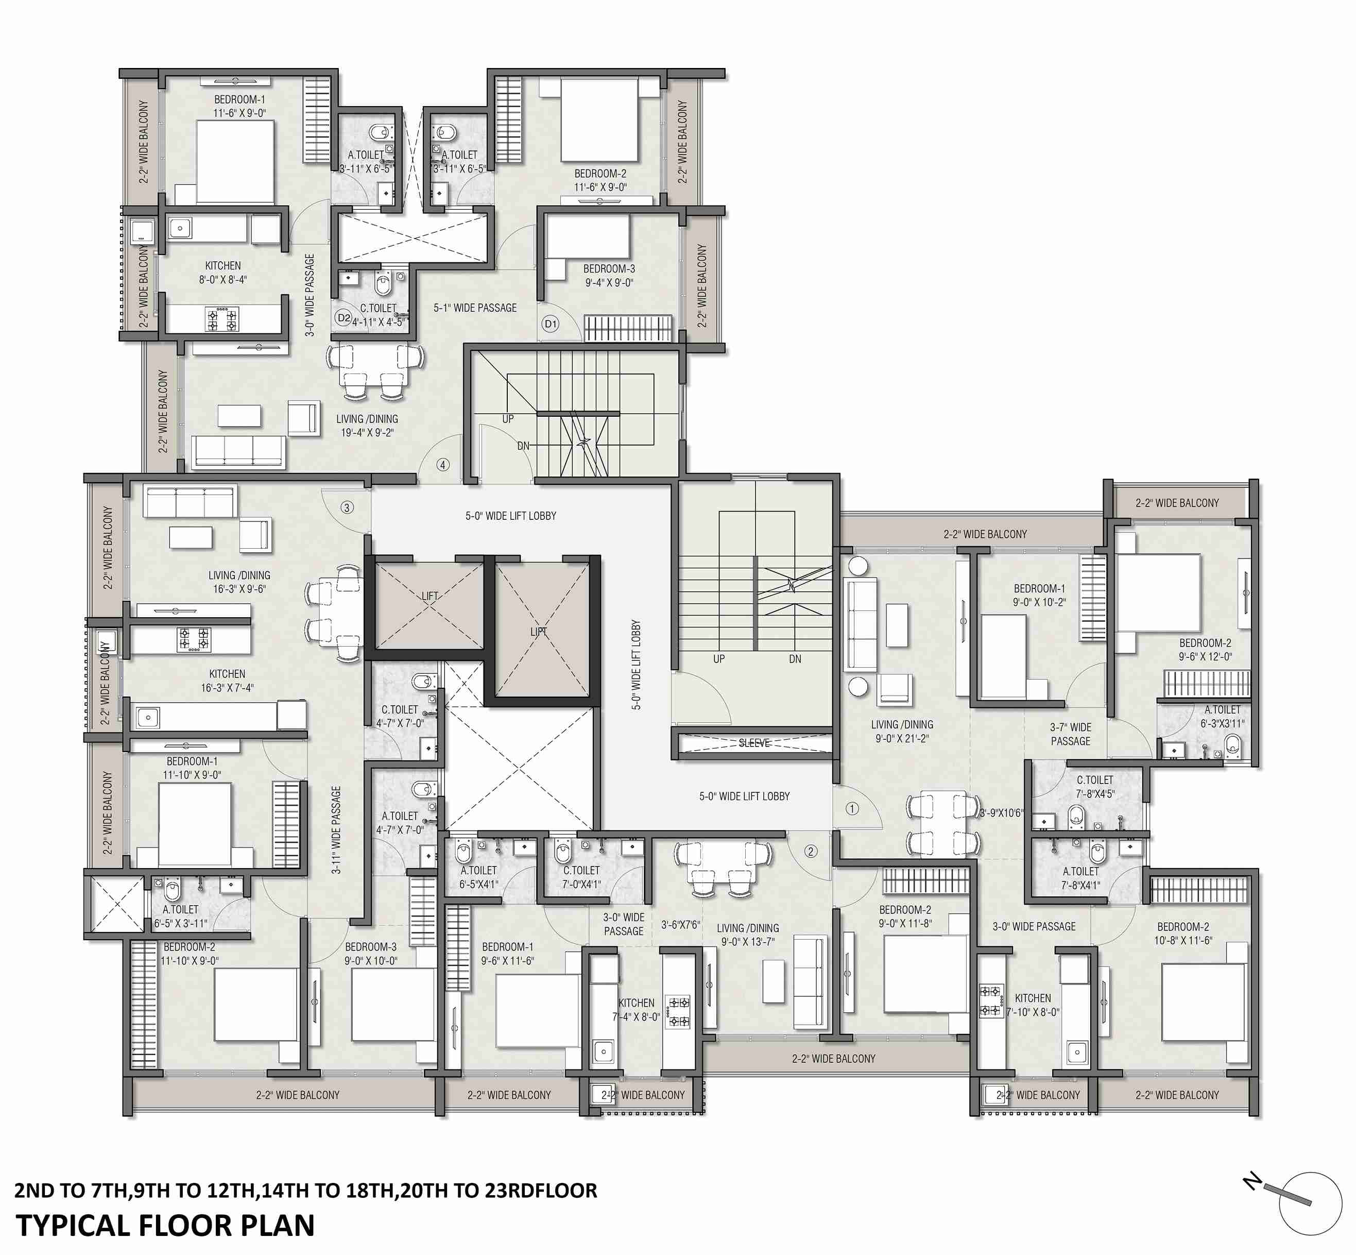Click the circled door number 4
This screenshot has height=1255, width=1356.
click(443, 465)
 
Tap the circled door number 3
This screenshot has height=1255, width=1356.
click(347, 507)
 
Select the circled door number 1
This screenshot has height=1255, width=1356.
click(852, 808)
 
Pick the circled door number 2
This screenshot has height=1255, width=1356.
click(811, 851)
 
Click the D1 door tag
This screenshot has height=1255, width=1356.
click(551, 324)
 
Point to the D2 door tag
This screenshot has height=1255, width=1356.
click(344, 317)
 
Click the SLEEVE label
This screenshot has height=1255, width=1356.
click(754, 743)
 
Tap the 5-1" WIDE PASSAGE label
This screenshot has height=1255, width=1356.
click(475, 308)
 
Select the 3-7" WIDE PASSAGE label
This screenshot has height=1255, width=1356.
click(1070, 734)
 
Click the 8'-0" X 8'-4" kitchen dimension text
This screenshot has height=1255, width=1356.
click(222, 279)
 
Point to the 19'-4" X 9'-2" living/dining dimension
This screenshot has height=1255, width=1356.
click(367, 433)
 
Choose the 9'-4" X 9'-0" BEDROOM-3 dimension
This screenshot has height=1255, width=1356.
click(609, 282)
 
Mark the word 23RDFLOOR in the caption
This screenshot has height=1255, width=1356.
click(541, 1191)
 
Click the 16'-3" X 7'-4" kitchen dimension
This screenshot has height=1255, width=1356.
click(227, 688)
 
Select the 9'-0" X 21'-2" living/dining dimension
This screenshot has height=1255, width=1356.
click(902, 738)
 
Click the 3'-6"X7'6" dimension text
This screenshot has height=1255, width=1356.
click(680, 925)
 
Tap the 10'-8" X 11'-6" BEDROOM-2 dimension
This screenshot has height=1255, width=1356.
click(1183, 941)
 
